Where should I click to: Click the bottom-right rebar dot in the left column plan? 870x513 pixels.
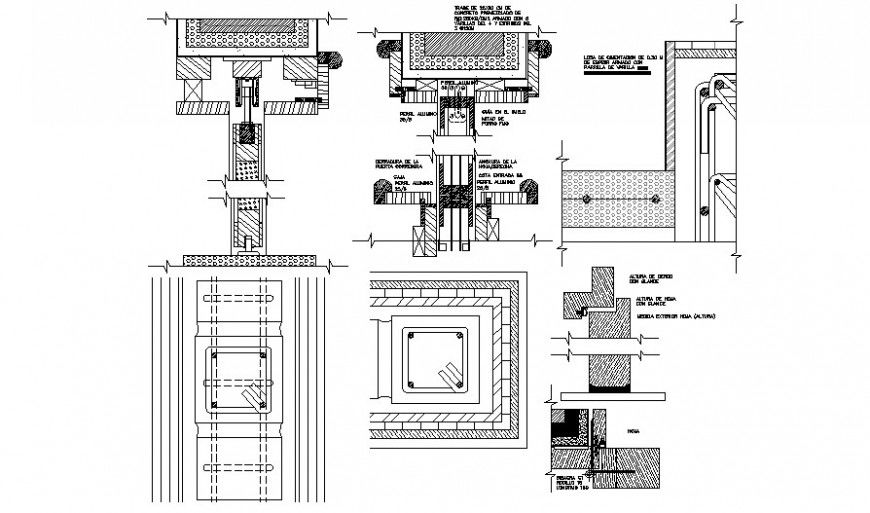(x=264, y=404)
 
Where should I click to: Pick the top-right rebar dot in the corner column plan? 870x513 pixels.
(x=457, y=336)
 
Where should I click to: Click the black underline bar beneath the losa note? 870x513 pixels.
(x=621, y=76)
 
